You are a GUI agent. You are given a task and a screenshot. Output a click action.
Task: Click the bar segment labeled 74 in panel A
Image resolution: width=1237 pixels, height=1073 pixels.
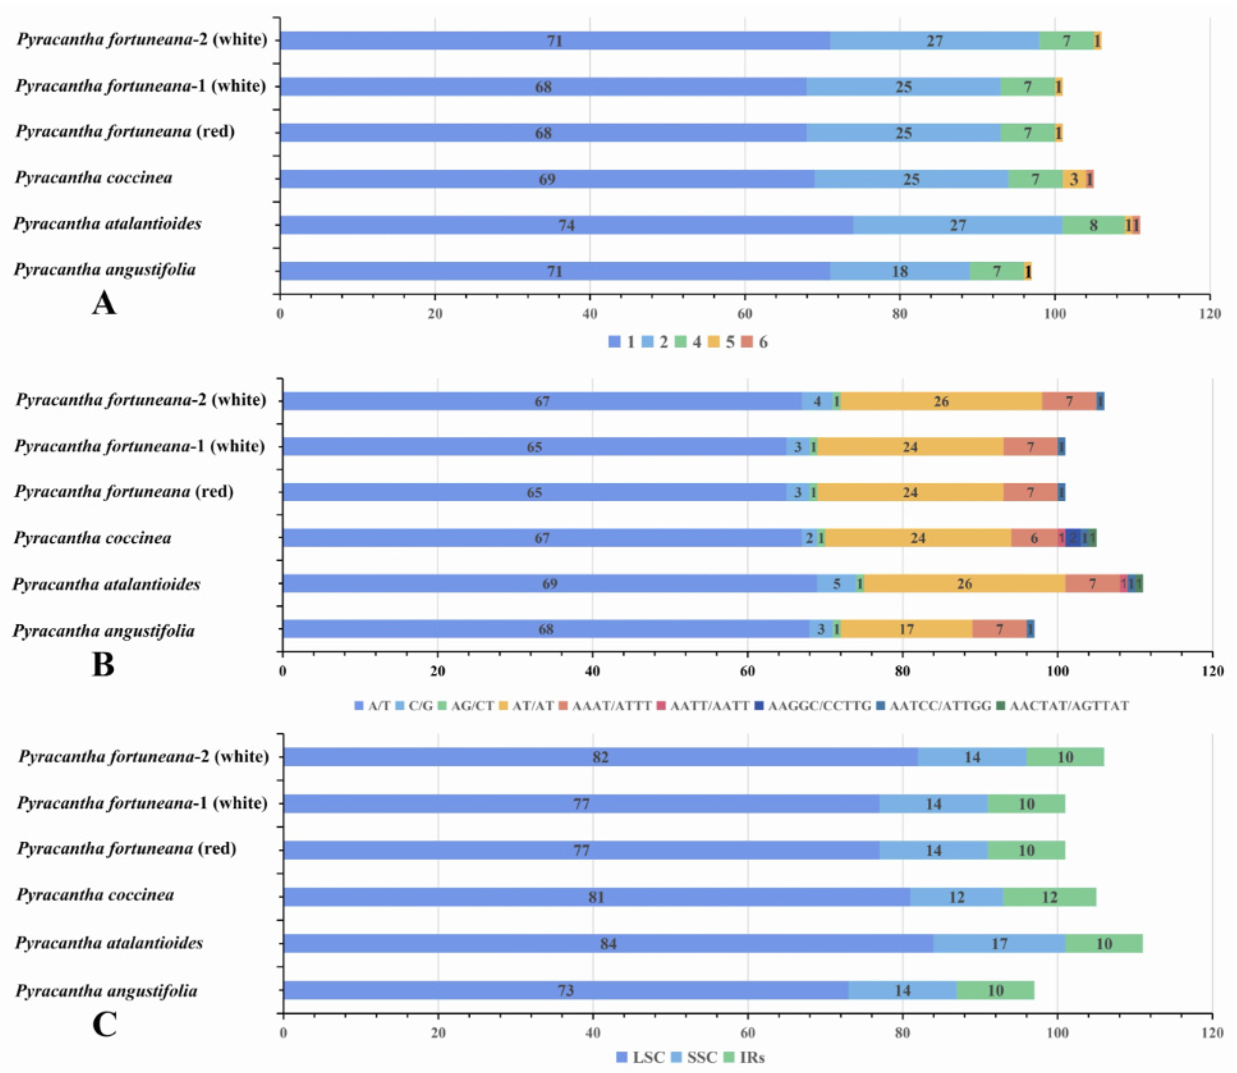(566, 225)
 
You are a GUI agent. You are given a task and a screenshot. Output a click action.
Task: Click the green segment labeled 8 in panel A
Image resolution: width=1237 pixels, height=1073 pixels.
(1093, 225)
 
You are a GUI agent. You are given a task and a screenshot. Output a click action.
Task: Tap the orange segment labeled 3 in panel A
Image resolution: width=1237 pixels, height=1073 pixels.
(1074, 179)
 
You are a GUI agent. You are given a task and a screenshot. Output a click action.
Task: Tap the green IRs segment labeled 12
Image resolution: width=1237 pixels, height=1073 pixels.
(1050, 897)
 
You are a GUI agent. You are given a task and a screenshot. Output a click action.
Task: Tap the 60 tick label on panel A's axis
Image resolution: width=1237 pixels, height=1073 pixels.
(744, 314)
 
